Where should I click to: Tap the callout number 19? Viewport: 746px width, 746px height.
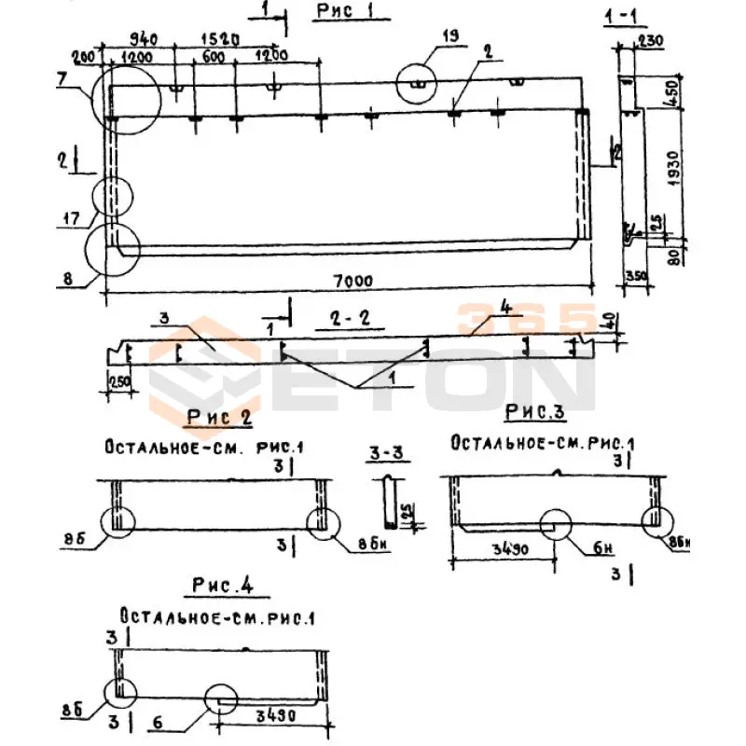point(450,36)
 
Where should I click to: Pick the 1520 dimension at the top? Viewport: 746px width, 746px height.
point(220,40)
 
